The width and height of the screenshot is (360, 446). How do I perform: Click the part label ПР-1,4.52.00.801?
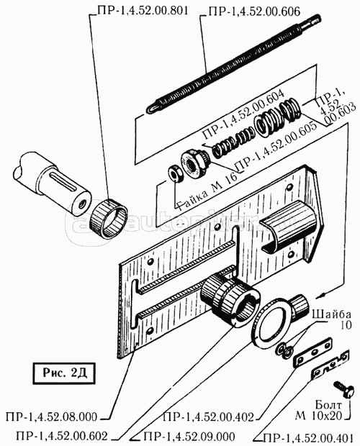click(x=143, y=11)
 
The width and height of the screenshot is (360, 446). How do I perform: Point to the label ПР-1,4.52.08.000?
click(x=51, y=417)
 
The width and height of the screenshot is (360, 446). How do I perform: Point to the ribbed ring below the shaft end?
click(x=109, y=219)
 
